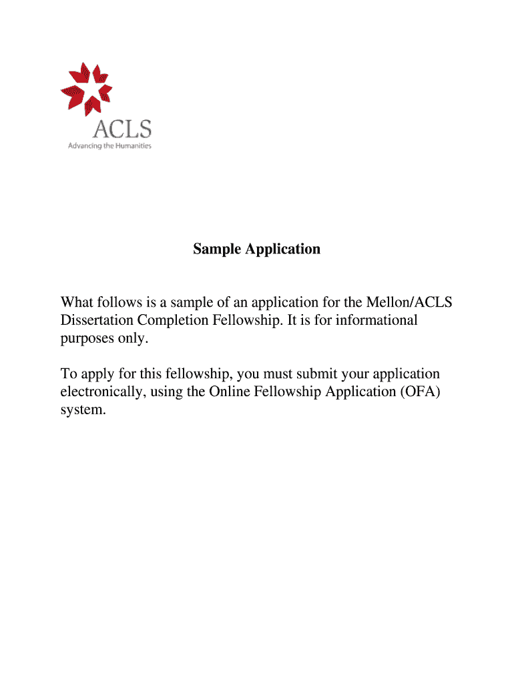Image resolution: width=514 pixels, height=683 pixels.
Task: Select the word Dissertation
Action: tap(97, 320)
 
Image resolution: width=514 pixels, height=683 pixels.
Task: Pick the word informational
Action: tap(376, 320)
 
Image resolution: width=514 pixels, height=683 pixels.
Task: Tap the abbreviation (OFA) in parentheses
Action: tap(419, 392)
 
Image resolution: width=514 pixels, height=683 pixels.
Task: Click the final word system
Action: tap(83, 410)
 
